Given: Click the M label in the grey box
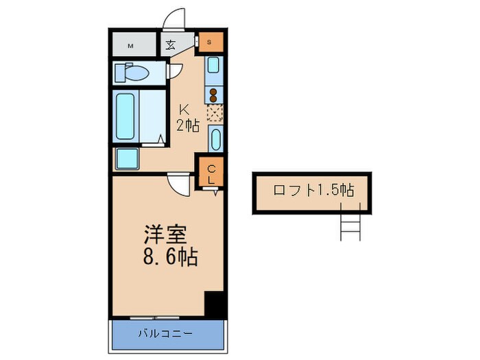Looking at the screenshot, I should (x=130, y=47).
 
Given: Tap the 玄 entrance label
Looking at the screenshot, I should (x=169, y=46).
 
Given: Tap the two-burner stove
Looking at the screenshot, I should (x=214, y=95).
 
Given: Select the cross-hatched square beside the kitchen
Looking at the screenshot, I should (x=214, y=112).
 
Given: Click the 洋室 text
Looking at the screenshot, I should (x=165, y=235).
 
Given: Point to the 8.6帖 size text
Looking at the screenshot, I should (x=171, y=258).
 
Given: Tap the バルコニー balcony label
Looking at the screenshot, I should (x=165, y=334).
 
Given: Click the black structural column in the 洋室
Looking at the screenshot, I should (x=215, y=304).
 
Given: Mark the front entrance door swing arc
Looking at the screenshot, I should (x=176, y=19).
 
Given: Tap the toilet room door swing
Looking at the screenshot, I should (x=175, y=70).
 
